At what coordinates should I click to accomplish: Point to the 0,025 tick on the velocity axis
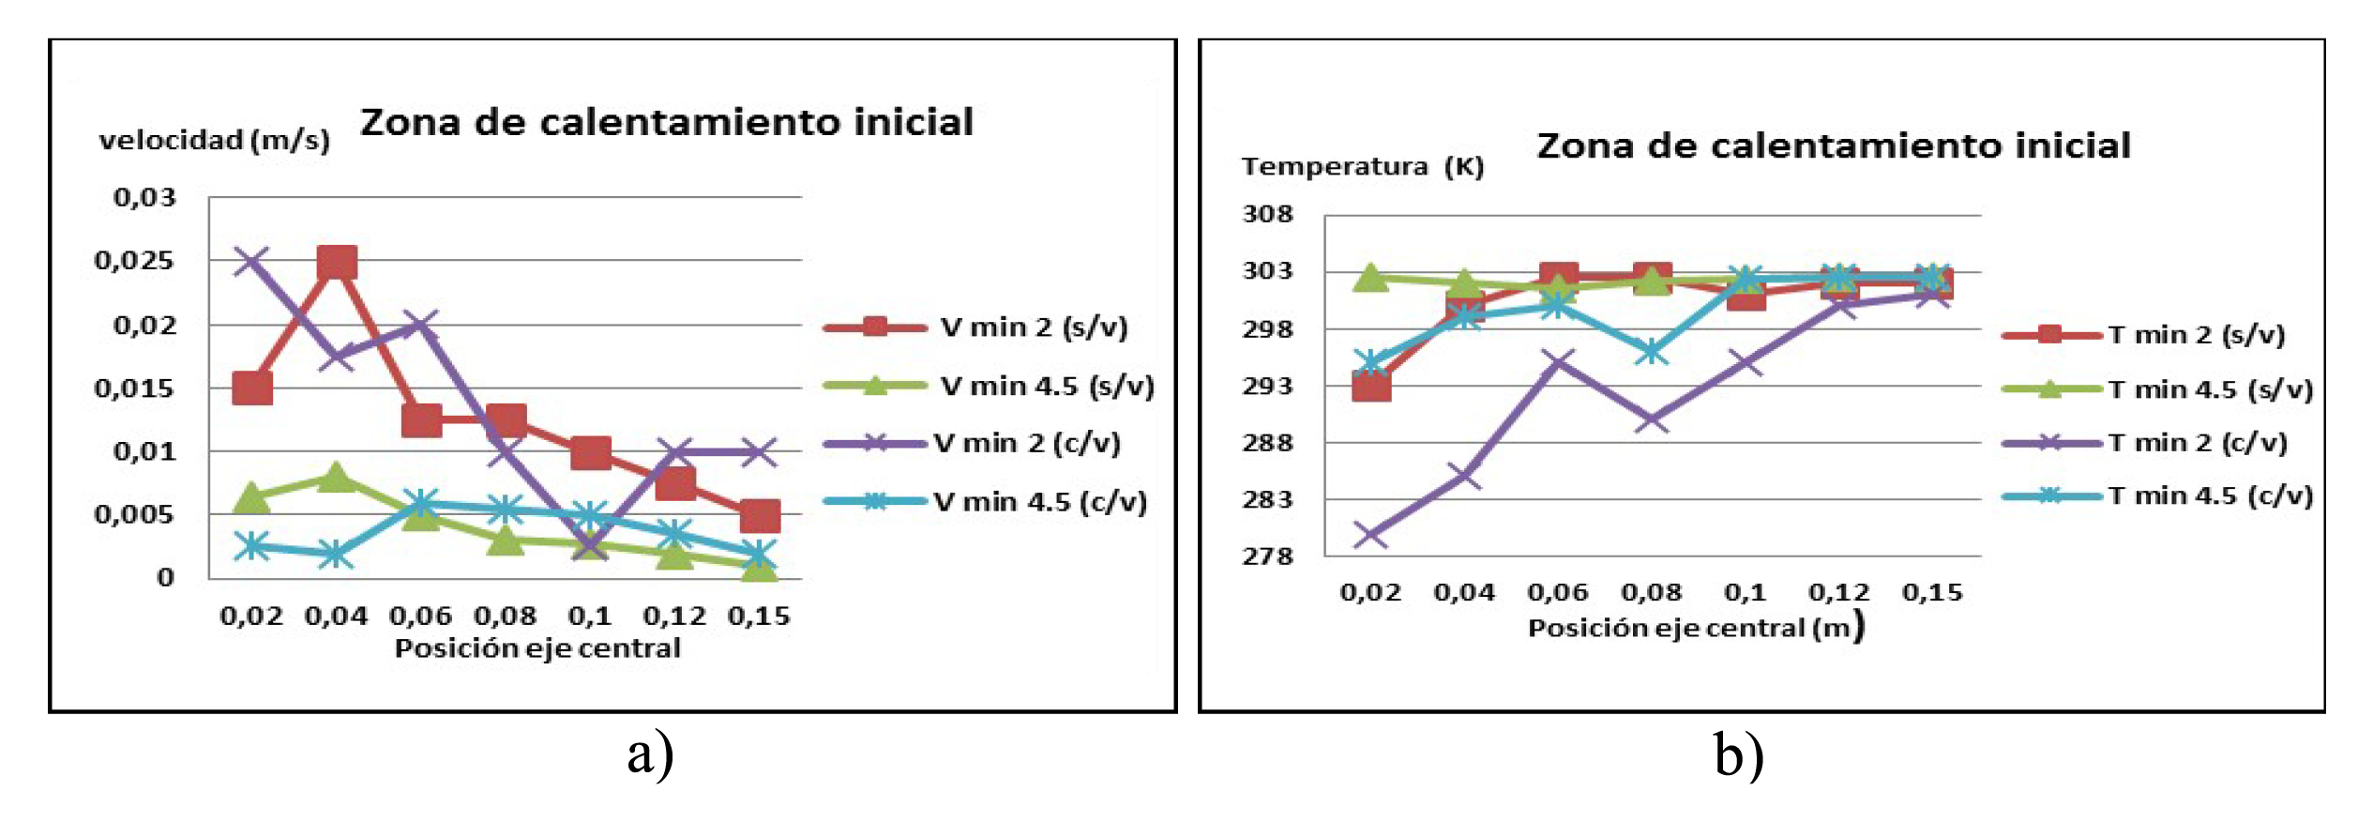click(134, 260)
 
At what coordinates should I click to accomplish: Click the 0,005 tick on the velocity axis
click(134, 514)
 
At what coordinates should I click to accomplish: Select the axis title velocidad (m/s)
click(215, 141)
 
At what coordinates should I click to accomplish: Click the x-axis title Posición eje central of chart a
click(537, 648)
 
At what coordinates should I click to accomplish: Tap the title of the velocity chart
click(667, 123)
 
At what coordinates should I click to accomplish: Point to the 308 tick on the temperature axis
click(1267, 215)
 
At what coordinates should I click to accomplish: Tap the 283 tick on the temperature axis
click(1267, 499)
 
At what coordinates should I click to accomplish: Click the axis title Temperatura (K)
click(1362, 167)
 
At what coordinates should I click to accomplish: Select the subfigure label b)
click(1738, 755)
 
